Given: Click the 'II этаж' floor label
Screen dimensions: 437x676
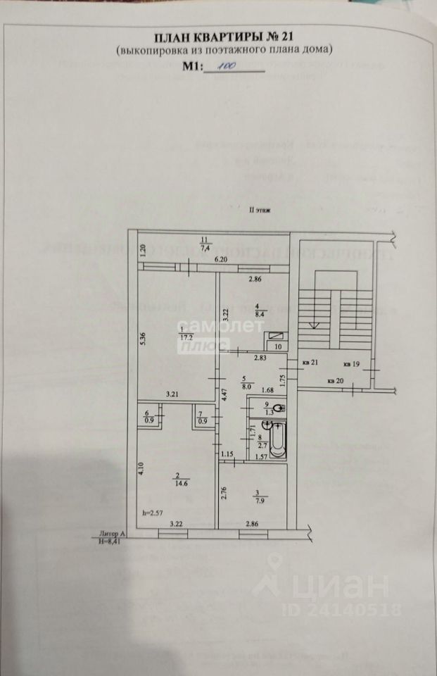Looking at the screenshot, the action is point(260,209).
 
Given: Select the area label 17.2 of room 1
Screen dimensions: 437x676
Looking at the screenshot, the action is point(186,337).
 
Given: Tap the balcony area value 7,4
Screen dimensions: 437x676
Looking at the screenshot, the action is point(205,248).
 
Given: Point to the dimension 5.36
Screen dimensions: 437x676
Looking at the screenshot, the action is point(143,338).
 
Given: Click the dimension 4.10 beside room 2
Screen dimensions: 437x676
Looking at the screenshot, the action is point(143,468).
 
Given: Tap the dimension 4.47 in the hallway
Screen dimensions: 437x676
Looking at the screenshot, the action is point(223,394).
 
